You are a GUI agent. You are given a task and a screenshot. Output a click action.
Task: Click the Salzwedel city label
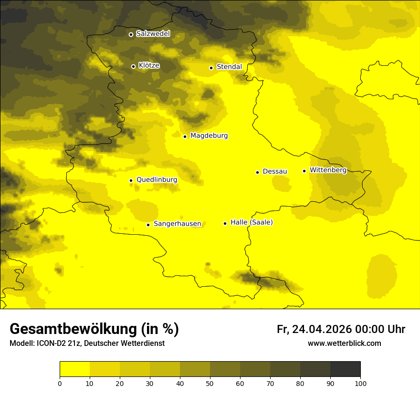tap(153, 34)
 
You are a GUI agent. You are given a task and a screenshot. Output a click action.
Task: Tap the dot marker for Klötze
tap(133, 66)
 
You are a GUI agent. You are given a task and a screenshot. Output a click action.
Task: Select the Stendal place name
tap(229, 67)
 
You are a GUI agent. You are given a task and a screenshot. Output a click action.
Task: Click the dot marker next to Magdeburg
tap(185, 136)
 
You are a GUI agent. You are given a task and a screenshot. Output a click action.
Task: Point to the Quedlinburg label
tap(157, 180)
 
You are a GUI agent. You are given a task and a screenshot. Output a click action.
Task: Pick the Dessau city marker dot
tap(257, 172)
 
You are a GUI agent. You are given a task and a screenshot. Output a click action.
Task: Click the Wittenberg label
tap(328, 170)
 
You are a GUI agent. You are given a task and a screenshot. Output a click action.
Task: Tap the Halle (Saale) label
tap(252, 222)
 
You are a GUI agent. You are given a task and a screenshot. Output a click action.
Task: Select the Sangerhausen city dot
tap(148, 225)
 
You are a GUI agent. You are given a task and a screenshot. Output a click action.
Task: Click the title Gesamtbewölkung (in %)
tap(94, 329)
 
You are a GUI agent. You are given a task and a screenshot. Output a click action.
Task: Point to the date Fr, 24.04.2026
tap(314, 329)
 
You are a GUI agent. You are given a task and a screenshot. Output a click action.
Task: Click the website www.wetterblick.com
tap(344, 343)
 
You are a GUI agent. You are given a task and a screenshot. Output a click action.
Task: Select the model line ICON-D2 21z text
tap(87, 343)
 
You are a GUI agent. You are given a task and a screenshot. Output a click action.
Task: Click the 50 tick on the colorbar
tap(210, 383)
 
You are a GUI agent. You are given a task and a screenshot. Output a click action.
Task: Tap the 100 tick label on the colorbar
tap(360, 383)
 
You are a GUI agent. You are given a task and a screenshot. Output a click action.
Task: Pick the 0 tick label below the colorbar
tap(60, 383)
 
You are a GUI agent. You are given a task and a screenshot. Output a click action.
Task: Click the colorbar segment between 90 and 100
tap(345, 369)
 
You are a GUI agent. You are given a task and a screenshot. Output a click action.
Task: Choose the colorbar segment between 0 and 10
tap(74, 369)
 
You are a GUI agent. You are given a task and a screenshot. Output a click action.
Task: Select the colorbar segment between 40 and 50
tap(195, 369)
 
